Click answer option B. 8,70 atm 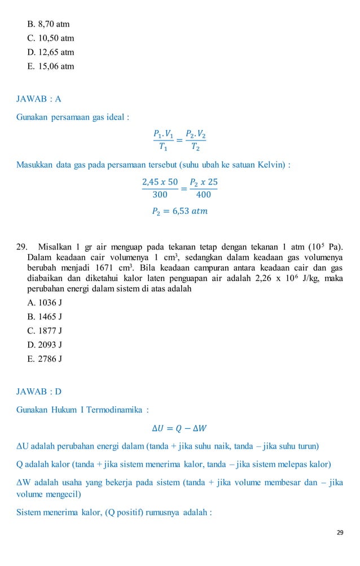click(x=49, y=24)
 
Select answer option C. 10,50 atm click(x=51, y=38)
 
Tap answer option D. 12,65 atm click(x=51, y=52)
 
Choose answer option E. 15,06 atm click(x=50, y=66)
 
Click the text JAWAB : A click(x=39, y=99)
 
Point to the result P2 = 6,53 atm click(x=180, y=211)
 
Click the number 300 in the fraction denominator click(x=160, y=195)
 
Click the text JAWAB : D click(x=39, y=391)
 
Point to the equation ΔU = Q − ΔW click(x=180, y=428)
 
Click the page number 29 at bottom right click(x=340, y=532)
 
